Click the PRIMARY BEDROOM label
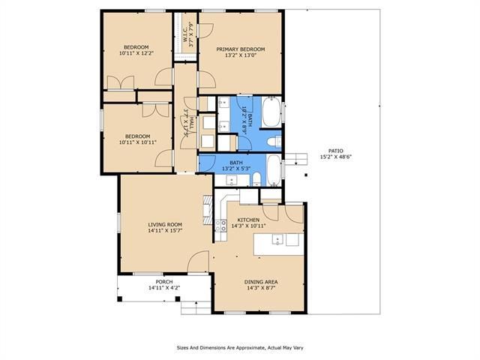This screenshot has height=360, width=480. click(x=241, y=49)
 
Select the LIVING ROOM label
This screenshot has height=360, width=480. click(x=165, y=225)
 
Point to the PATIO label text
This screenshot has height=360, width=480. click(x=336, y=151)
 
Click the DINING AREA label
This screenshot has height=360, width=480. click(x=261, y=282)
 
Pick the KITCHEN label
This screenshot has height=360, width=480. click(x=248, y=220)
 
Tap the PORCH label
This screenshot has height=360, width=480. click(x=164, y=282)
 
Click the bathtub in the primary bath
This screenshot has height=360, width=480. click(x=271, y=112)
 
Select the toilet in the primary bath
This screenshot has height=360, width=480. click(x=274, y=142)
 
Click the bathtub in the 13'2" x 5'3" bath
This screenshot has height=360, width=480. click(x=274, y=170)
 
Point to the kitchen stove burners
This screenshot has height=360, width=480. click(x=220, y=226)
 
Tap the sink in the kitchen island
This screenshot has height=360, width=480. click(x=277, y=240)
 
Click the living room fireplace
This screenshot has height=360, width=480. click(x=208, y=210)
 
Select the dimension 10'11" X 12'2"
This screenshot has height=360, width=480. click(x=136, y=53)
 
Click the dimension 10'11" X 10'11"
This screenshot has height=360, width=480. click(x=137, y=142)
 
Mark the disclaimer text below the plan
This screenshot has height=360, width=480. click(x=240, y=348)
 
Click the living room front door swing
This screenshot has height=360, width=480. click(x=198, y=261)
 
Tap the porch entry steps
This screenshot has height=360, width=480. click(x=196, y=307)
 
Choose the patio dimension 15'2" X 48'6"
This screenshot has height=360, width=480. click(x=336, y=157)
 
